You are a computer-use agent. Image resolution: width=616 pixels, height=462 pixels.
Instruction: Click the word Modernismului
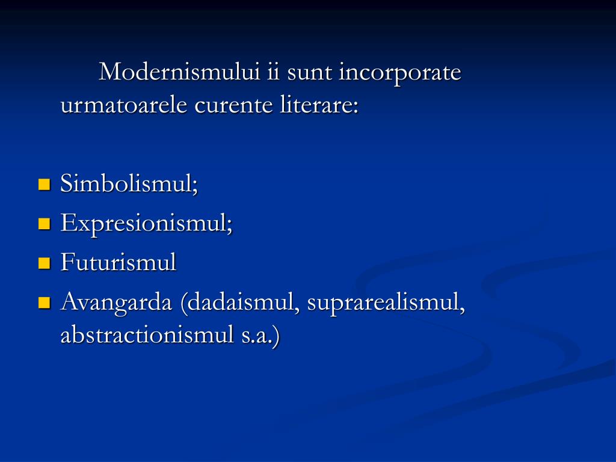[x=180, y=73]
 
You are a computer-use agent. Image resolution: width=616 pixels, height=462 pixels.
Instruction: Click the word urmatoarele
[x=123, y=106]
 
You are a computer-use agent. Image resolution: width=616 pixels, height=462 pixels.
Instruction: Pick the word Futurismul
[x=119, y=262]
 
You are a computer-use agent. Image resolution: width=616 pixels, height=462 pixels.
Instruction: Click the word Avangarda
[x=116, y=303]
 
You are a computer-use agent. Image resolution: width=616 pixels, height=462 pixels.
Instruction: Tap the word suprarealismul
[x=386, y=303]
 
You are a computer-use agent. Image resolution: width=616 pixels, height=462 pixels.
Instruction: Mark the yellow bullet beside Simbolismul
[x=44, y=184]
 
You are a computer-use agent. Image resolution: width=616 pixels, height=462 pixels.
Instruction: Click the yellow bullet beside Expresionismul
[x=44, y=224]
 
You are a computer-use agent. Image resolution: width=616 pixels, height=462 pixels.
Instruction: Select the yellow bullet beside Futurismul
[x=44, y=263]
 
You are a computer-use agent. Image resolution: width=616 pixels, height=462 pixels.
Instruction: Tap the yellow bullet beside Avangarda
[x=44, y=303]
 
